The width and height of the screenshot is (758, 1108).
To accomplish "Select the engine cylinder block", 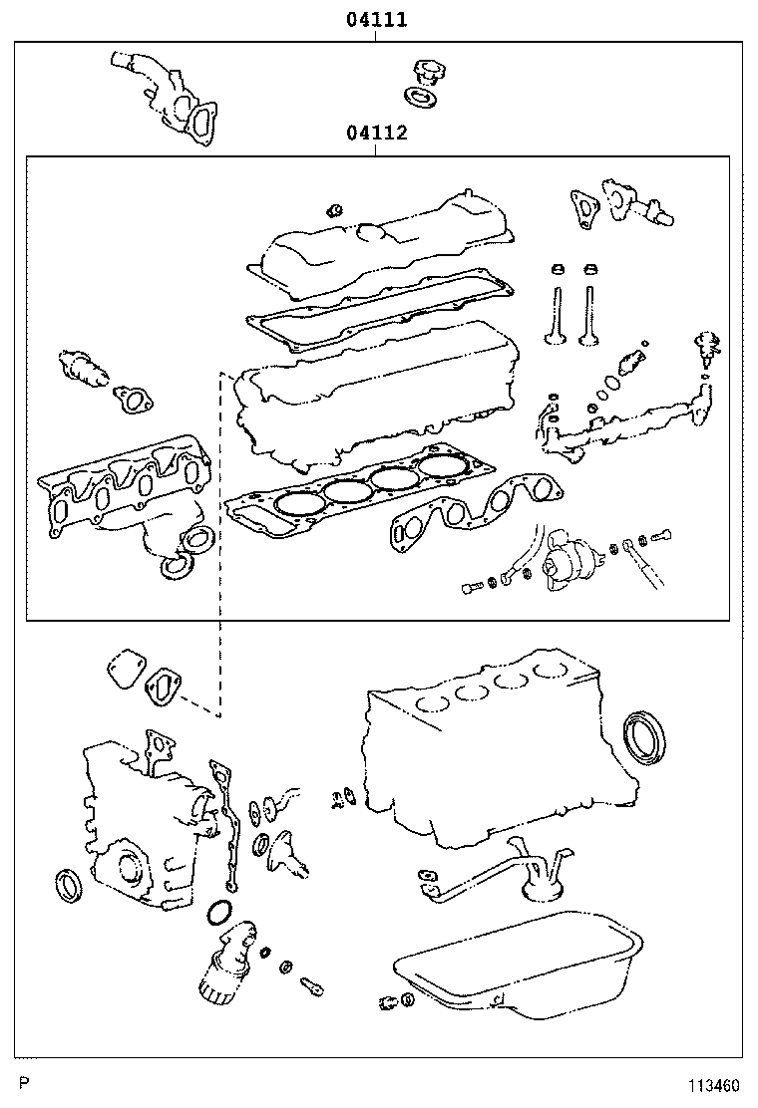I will pyautogui.click(x=489, y=747).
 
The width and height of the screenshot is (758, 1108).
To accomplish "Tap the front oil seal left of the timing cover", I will pyautogui.click(x=69, y=884).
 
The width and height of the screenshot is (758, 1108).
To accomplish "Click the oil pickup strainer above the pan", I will pyautogui.click(x=544, y=877).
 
